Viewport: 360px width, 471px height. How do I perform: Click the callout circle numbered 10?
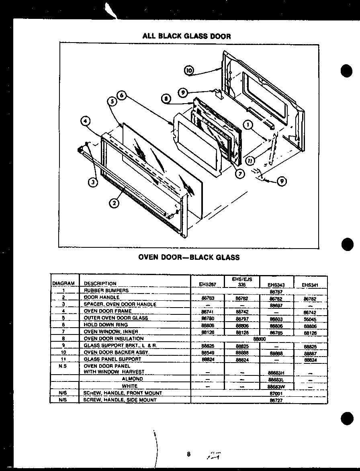[x=189, y=71]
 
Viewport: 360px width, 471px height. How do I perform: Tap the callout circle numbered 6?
[x=122, y=96]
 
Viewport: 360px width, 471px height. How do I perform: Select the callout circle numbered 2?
[x=114, y=203]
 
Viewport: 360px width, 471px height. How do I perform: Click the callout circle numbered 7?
[x=240, y=174]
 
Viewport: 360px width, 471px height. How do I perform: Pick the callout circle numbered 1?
[x=249, y=125]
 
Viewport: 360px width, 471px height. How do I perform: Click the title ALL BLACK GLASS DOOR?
[x=187, y=36]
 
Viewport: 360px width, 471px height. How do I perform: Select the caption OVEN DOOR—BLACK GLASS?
[x=189, y=257]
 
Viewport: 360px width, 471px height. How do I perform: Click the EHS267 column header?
[x=207, y=284]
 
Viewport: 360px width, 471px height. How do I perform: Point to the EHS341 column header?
[x=311, y=284]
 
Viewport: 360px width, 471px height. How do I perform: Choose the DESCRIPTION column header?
[x=100, y=283]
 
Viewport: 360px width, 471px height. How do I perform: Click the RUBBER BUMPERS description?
[x=106, y=290]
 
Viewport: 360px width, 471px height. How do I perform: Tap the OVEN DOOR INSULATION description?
[x=114, y=338]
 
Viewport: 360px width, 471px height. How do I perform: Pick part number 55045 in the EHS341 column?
[x=311, y=318]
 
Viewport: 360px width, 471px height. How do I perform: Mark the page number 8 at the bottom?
[x=188, y=454]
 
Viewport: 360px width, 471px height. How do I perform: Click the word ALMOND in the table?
[x=132, y=379]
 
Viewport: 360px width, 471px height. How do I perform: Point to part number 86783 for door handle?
[x=207, y=298]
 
